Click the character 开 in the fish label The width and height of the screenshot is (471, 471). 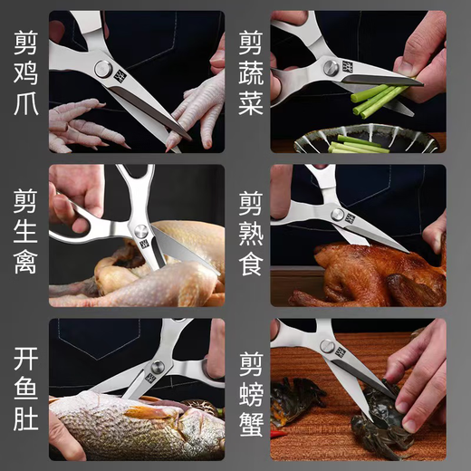24,350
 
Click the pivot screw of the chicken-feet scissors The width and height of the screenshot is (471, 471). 104,70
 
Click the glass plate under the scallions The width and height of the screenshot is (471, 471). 362,139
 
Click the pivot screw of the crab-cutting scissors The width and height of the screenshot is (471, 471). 327,346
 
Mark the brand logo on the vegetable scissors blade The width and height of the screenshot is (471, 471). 349,68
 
